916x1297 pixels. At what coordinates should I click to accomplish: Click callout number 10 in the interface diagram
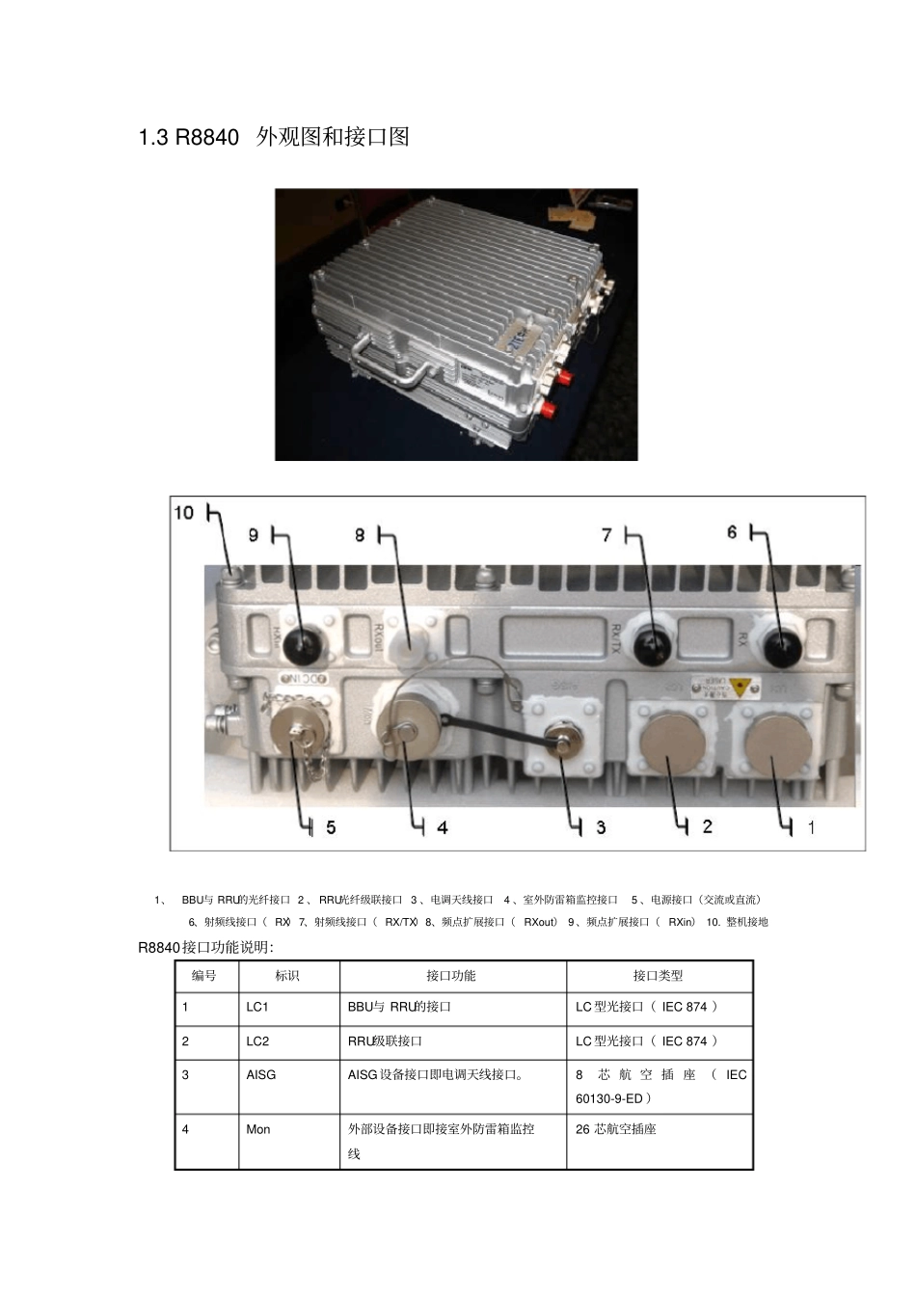pos(184,512)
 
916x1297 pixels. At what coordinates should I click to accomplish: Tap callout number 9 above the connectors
pos(254,534)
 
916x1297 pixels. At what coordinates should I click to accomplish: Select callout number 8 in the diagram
pos(360,534)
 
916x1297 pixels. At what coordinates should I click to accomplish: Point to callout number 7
pos(606,534)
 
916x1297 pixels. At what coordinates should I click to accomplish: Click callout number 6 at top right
pos(732,532)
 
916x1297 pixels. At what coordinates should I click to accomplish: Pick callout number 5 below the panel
pos(331,827)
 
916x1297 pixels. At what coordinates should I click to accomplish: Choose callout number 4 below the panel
pos(442,827)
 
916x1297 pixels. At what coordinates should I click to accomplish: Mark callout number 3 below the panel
pos(601,827)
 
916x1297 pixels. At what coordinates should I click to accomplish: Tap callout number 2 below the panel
pos(708,826)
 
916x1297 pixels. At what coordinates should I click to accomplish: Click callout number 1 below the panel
pos(811,827)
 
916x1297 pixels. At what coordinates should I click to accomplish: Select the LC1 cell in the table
pos(257,1007)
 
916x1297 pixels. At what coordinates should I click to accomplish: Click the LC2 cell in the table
pos(257,1041)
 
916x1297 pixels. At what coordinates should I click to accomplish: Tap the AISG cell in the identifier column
pos(260,1074)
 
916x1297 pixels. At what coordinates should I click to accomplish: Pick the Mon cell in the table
pos(258,1129)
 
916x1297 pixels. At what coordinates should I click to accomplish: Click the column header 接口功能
pos(451,976)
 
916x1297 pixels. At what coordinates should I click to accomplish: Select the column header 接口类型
pos(659,976)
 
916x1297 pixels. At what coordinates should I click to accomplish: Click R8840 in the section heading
pos(207,138)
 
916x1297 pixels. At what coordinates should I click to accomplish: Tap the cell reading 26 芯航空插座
pos(616,1129)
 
